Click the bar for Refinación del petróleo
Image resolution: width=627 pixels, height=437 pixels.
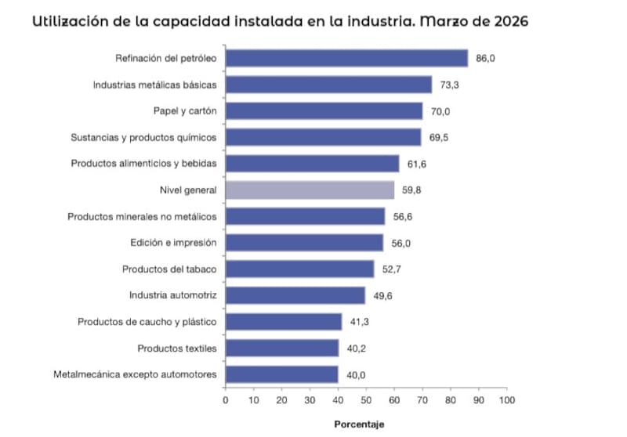(x=346, y=58)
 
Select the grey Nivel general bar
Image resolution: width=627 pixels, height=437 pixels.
(x=310, y=190)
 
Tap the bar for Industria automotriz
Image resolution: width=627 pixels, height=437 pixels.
(x=295, y=295)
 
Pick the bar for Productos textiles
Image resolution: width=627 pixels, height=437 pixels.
(x=282, y=349)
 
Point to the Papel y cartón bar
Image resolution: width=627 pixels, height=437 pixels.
(x=324, y=111)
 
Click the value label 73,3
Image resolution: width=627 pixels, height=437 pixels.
(x=449, y=85)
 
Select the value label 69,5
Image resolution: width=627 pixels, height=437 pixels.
(x=439, y=138)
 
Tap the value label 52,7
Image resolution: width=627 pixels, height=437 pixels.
(x=391, y=269)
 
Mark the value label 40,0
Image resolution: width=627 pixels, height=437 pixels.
(x=356, y=375)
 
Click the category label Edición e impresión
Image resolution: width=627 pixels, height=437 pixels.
(x=173, y=243)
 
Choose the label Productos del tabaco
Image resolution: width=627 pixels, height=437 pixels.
(x=169, y=269)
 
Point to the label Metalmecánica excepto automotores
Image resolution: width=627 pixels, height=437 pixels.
(x=135, y=374)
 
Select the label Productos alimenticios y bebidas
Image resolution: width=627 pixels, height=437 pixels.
(x=144, y=164)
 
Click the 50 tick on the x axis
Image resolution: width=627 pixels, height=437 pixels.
(x=366, y=400)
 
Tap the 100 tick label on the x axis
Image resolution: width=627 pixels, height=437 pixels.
(x=507, y=400)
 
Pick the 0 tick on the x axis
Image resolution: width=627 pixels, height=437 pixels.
(x=226, y=400)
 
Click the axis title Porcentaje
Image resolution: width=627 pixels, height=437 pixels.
(x=359, y=424)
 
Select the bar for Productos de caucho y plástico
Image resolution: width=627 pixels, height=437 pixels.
(x=284, y=322)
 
